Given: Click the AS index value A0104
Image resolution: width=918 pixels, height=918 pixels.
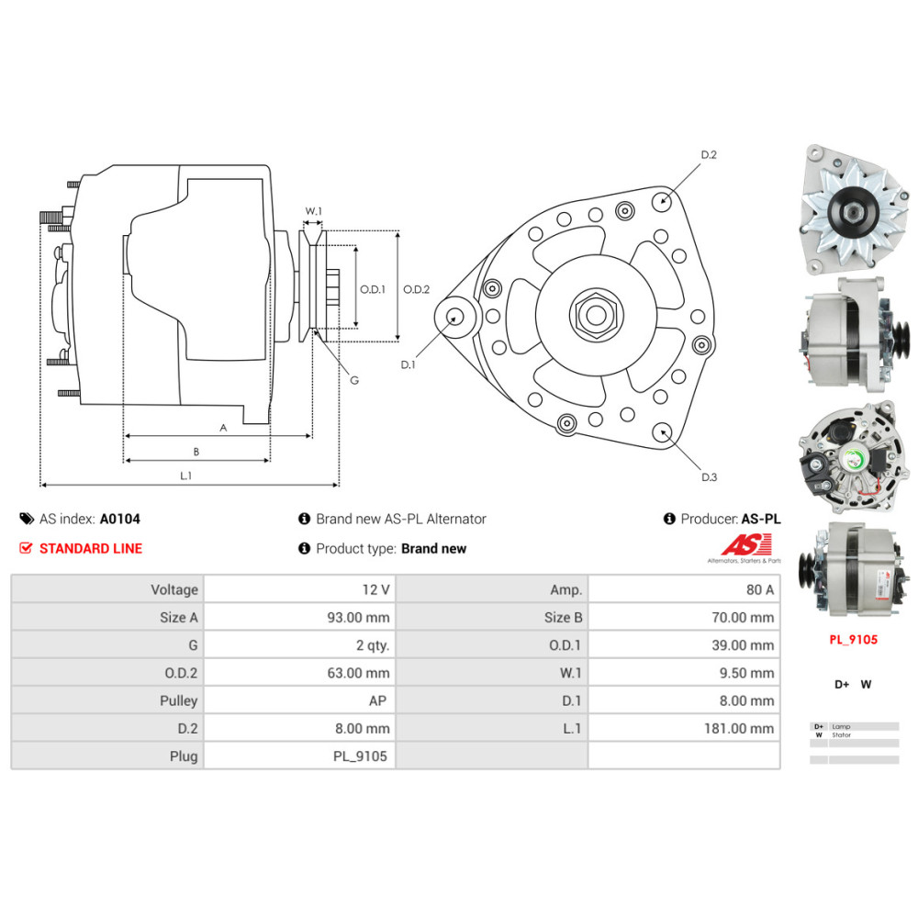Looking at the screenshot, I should pyautogui.click(x=120, y=519).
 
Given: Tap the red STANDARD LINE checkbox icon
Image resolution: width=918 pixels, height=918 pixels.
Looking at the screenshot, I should pyautogui.click(x=26, y=548).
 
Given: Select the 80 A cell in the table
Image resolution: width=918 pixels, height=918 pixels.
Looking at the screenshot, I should pyautogui.click(x=759, y=589).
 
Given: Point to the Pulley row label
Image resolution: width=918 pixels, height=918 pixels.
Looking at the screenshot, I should pyautogui.click(x=178, y=700).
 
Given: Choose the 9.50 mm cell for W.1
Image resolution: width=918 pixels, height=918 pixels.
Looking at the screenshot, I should pyautogui.click(x=748, y=673).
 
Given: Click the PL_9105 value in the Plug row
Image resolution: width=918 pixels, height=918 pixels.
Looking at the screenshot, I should pyautogui.click(x=360, y=756).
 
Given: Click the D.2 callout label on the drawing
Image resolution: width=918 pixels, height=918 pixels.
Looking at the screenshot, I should pyautogui.click(x=709, y=155).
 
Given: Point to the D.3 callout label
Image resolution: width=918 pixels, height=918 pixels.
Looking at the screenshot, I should pyautogui.click(x=709, y=476).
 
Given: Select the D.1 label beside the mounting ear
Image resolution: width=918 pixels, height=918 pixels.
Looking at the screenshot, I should pyautogui.click(x=409, y=364).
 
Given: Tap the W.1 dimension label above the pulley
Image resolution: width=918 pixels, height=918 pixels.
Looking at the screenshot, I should pyautogui.click(x=314, y=211).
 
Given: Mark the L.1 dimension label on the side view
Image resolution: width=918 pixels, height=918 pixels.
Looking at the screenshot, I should pyautogui.click(x=185, y=476).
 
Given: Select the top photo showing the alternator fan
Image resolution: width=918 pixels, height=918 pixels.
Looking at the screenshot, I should pyautogui.click(x=849, y=211).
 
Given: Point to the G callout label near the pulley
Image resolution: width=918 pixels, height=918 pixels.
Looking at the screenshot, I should pyautogui.click(x=354, y=380).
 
